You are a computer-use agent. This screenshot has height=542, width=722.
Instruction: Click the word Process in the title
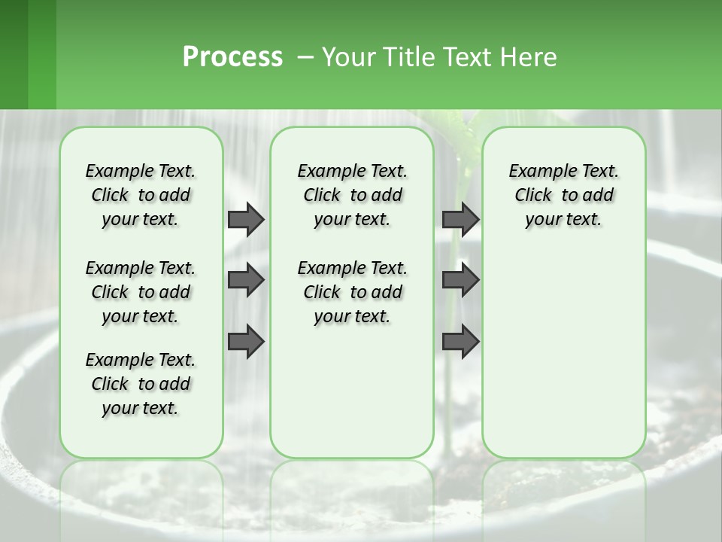pyautogui.click(x=232, y=56)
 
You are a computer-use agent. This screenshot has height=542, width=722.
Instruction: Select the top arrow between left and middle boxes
pyautogui.click(x=246, y=219)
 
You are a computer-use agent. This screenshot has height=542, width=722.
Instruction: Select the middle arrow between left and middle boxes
pyautogui.click(x=246, y=280)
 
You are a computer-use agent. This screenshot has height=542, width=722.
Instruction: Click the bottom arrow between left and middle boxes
pyautogui.click(x=246, y=341)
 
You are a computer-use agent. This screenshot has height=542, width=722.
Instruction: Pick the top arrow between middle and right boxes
pyautogui.click(x=460, y=219)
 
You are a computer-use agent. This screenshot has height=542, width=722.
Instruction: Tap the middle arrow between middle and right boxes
pyautogui.click(x=460, y=280)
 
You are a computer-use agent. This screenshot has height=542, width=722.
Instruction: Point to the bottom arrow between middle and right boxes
pyautogui.click(x=460, y=341)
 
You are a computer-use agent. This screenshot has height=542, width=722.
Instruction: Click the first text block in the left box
pyautogui.click(x=141, y=195)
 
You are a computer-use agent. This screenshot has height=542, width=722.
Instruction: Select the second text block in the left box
pyautogui.click(x=141, y=292)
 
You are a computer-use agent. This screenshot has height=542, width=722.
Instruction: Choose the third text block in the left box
pyautogui.click(x=141, y=384)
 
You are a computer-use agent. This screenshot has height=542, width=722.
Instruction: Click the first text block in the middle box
pyautogui.click(x=353, y=195)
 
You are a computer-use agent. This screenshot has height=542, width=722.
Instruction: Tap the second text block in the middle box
pyautogui.click(x=353, y=292)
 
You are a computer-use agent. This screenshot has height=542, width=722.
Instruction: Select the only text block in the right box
pyautogui.click(x=564, y=195)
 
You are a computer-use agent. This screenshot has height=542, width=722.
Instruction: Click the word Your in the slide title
pyautogui.click(x=345, y=56)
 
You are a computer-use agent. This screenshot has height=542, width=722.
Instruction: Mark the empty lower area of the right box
pyautogui.click(x=564, y=354)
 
